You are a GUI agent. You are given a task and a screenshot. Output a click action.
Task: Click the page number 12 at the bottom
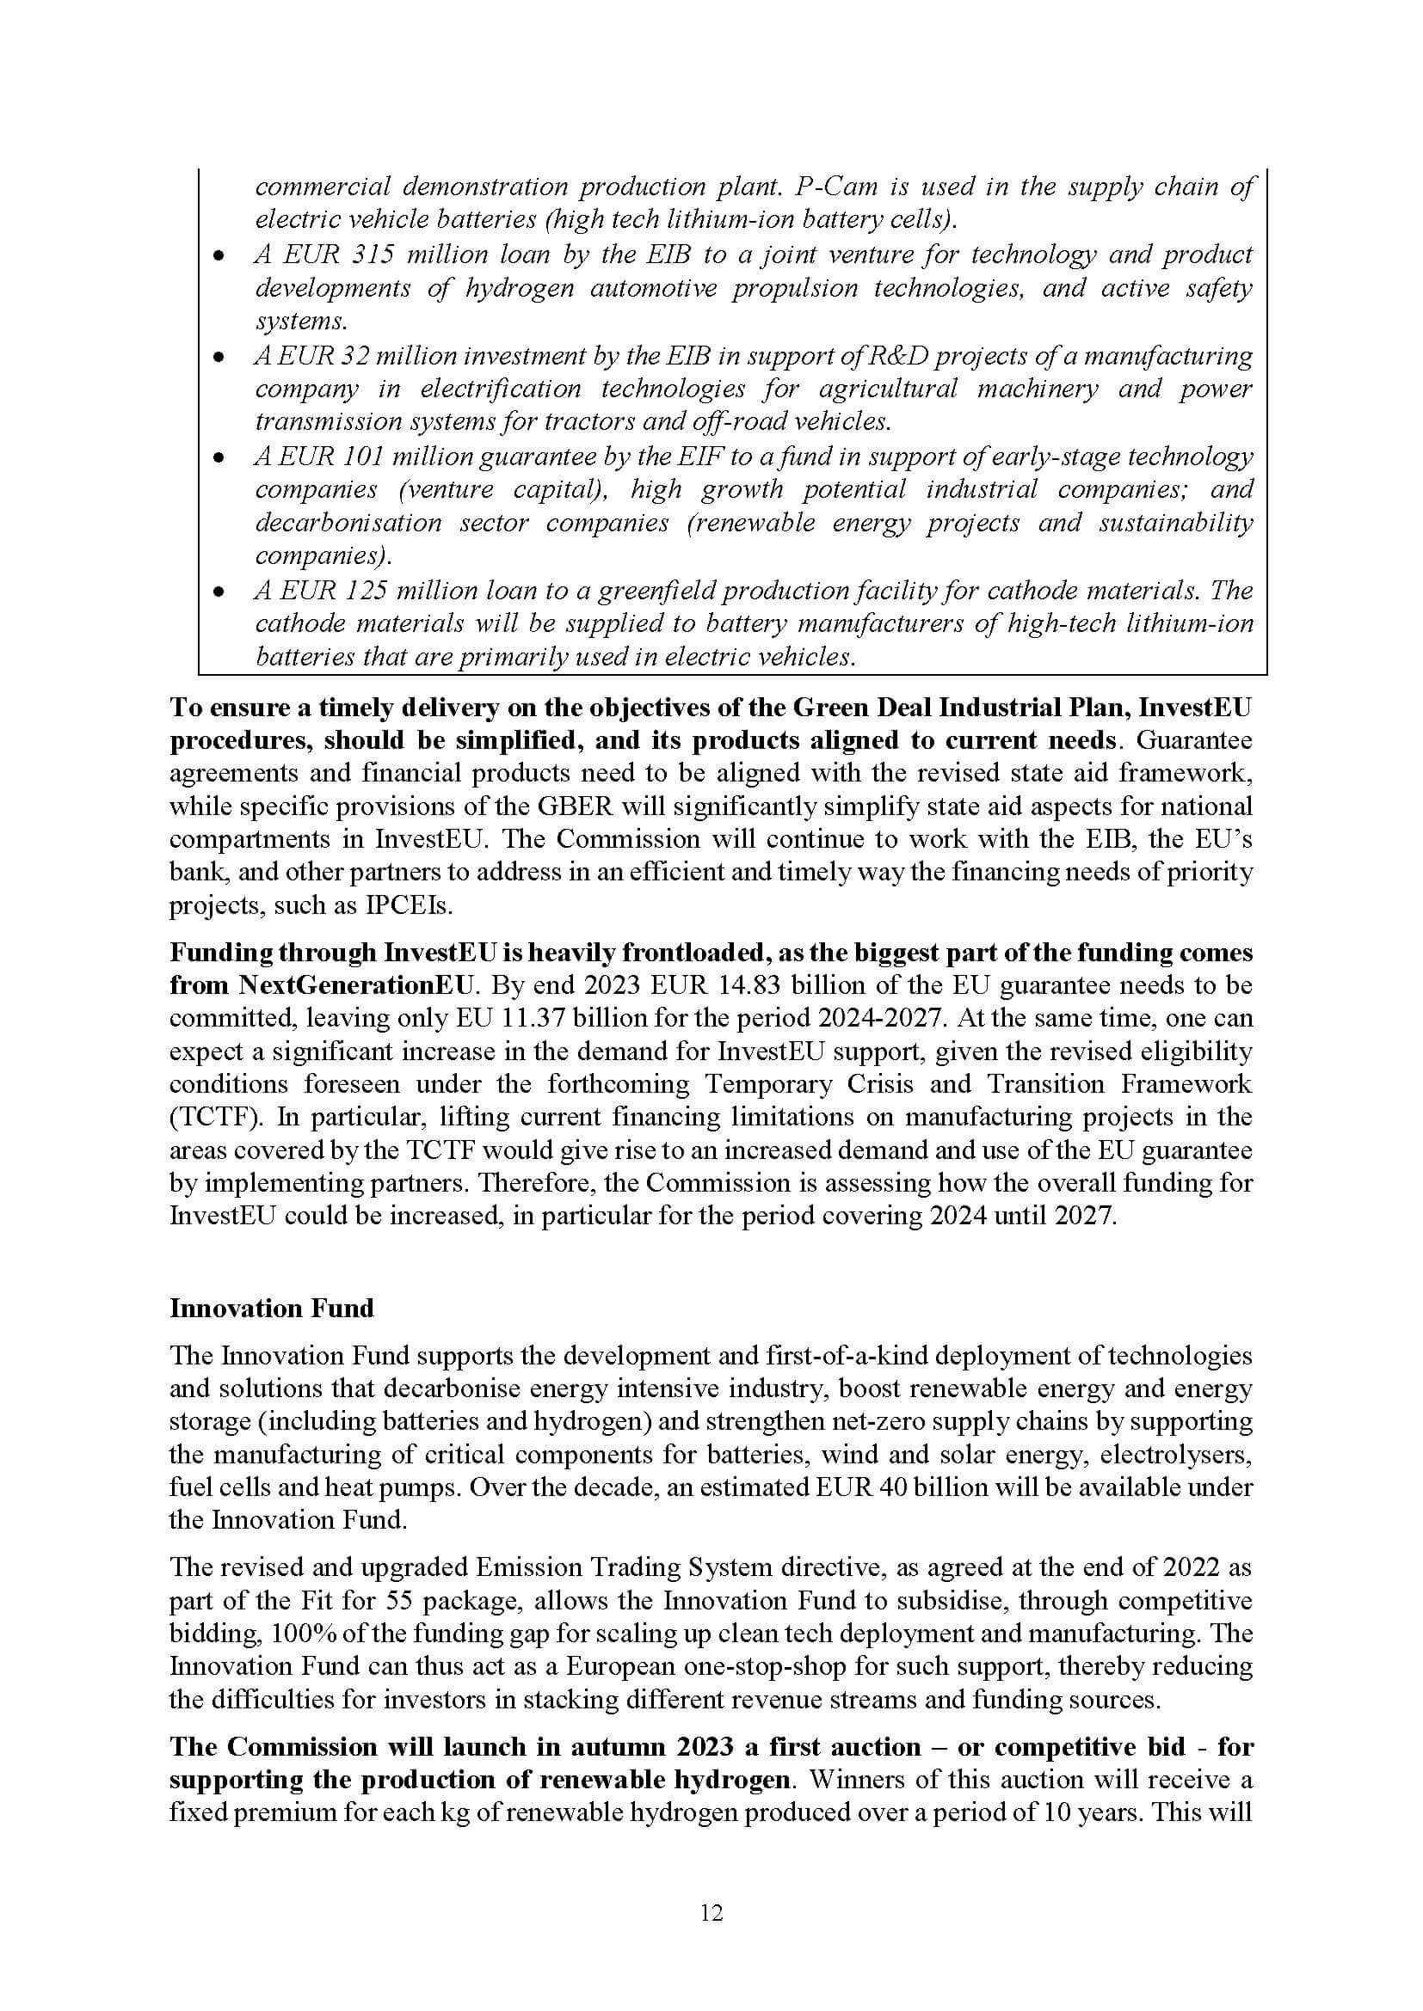coord(711,1914)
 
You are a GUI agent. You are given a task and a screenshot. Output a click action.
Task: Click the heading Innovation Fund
coord(272,1309)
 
